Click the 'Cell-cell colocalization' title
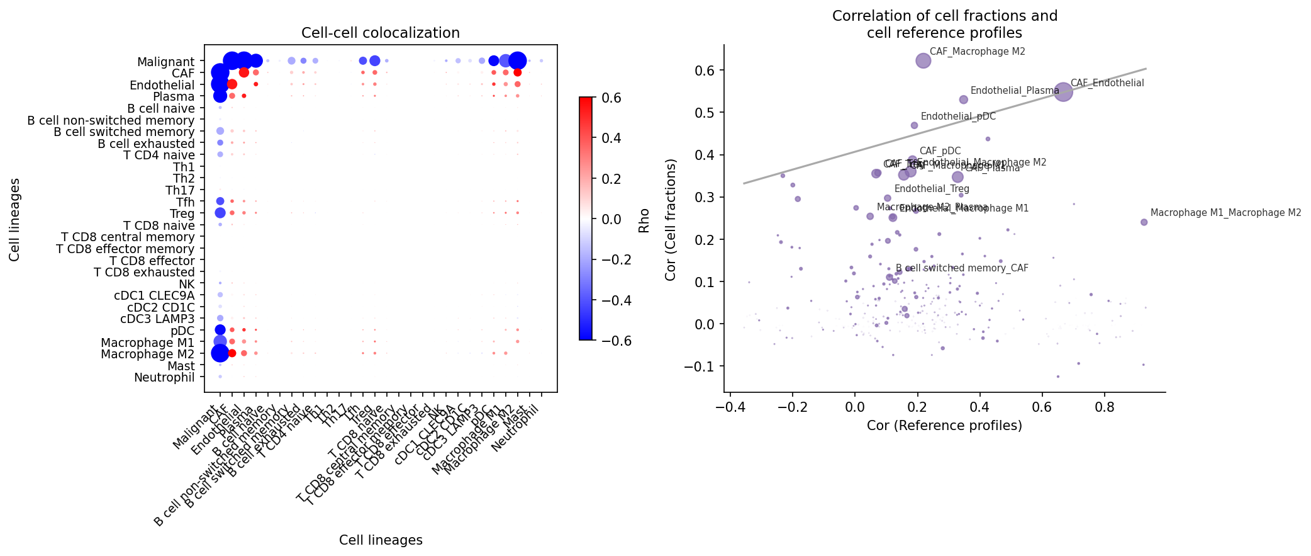click(380, 33)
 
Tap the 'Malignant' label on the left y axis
click(166, 62)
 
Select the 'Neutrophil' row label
click(164, 378)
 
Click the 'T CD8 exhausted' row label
click(144, 273)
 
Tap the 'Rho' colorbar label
click(644, 220)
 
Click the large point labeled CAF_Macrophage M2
click(923, 60)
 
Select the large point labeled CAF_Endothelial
click(1063, 92)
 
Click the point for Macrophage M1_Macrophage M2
click(1144, 222)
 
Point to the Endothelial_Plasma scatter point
click(963, 99)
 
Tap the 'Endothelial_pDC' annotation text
click(958, 116)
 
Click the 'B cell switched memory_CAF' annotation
click(962, 268)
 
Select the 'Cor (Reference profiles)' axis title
click(944, 426)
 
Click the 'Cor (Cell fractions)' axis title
click(671, 220)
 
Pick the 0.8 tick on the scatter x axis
click(1105, 407)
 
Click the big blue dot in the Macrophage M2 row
click(220, 353)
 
